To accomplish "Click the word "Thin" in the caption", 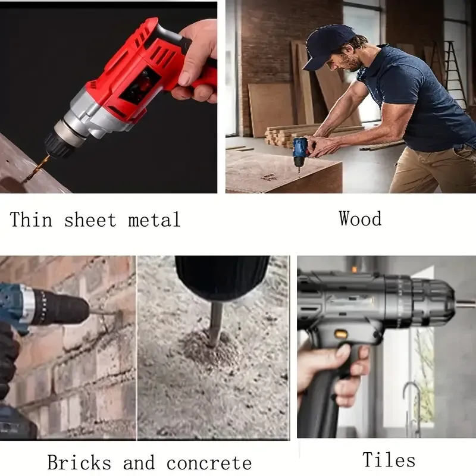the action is coord(31,219).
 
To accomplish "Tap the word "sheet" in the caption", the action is coord(90,219).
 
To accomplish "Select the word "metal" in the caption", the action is coord(155,219).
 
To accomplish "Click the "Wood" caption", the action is coord(361,218).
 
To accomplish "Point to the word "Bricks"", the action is coord(79,462).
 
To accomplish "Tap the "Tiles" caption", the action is coord(389,459).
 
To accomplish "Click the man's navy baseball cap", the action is coord(325,44).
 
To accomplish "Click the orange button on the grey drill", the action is coord(340,334).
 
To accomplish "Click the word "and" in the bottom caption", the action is coord(139,462).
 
